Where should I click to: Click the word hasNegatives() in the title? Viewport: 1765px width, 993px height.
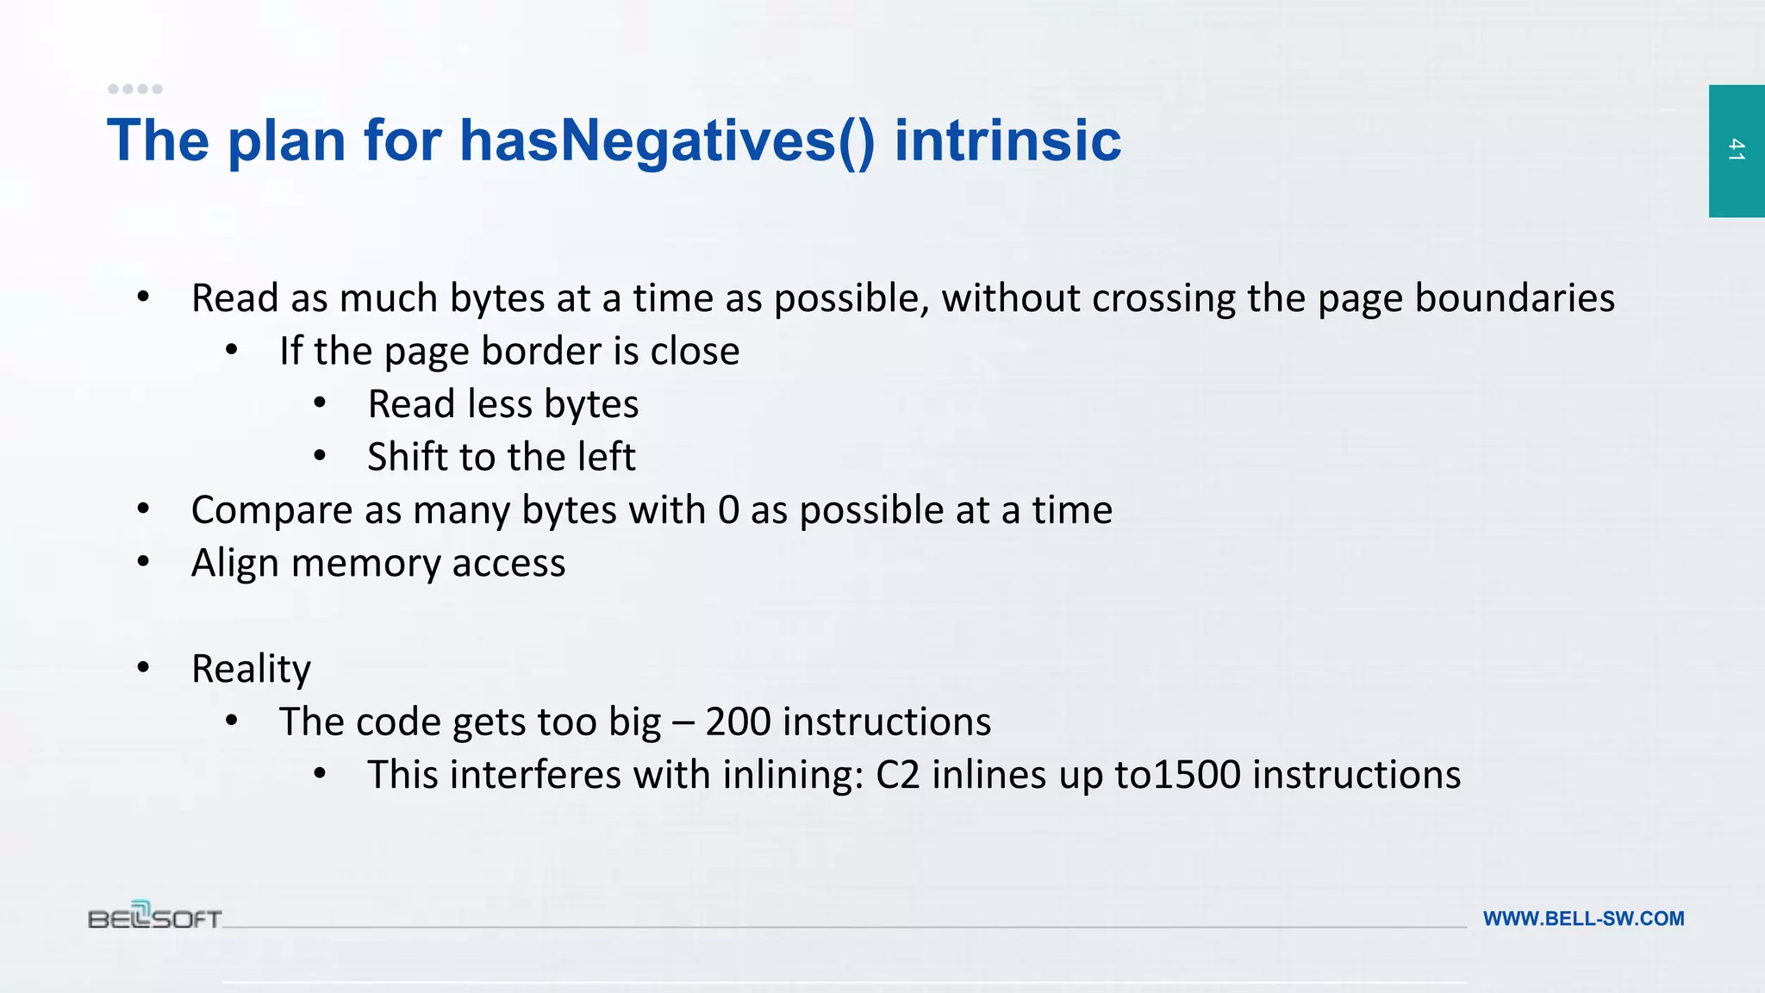667,141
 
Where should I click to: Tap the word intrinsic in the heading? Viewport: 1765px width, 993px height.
1007,141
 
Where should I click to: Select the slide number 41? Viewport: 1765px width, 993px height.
1737,150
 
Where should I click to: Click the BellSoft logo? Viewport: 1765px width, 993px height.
155,915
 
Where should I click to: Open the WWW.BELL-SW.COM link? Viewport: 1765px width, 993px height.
1583,919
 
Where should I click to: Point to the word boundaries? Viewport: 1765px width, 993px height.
1514,298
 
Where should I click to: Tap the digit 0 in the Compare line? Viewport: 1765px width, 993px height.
728,510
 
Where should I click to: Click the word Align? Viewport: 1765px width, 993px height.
235,563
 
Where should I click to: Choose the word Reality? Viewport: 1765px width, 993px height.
251,669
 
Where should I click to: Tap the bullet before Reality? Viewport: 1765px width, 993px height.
144,667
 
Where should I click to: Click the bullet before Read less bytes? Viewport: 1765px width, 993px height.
320,403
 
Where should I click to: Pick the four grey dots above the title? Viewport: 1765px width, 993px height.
135,89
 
